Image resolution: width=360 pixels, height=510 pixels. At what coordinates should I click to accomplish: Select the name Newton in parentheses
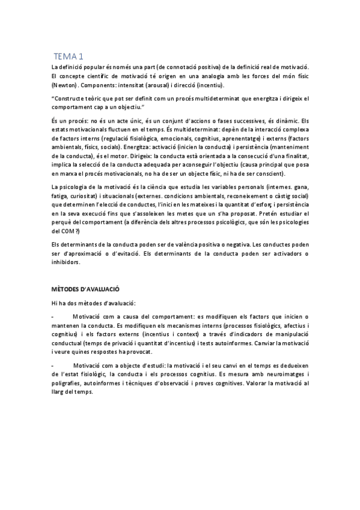point(66,87)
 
